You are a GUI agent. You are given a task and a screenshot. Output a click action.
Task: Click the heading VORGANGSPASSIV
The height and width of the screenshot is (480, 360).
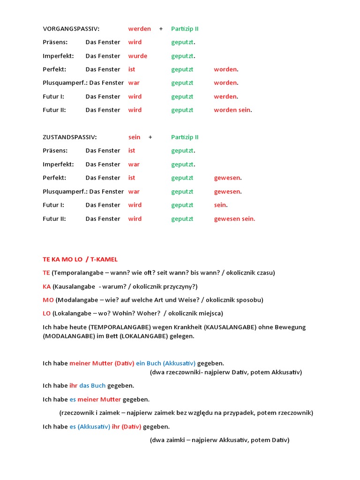[71, 29]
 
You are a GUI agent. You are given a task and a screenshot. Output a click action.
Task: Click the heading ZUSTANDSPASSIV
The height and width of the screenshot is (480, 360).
[70, 137]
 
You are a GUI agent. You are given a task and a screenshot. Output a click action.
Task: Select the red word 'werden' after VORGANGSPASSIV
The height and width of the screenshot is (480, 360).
[140, 29]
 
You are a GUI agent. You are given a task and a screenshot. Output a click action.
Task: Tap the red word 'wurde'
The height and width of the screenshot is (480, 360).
[138, 56]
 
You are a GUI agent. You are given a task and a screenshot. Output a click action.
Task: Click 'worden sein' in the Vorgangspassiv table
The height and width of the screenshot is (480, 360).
[232, 110]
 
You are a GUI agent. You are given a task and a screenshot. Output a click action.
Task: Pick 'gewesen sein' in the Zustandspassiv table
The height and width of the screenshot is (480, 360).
[234, 219]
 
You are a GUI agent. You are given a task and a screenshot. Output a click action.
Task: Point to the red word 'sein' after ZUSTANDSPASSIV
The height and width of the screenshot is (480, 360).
[135, 137]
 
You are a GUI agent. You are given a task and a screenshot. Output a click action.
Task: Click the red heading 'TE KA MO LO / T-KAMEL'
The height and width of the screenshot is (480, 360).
[80, 259]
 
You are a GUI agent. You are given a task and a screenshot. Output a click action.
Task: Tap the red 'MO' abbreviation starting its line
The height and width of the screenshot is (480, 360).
[48, 300]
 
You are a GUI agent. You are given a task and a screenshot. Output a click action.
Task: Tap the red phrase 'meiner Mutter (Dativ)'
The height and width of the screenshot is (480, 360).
[102, 363]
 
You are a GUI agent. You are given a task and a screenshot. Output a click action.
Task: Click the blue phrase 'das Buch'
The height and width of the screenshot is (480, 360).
[92, 386]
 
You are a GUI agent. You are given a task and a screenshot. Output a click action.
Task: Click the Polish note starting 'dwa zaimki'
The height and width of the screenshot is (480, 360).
[220, 440]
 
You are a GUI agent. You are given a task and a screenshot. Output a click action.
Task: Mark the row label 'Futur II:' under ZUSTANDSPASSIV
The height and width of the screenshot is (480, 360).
[54, 219]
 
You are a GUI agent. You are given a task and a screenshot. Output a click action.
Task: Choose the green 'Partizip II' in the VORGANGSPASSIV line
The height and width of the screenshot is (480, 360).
[185, 29]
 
